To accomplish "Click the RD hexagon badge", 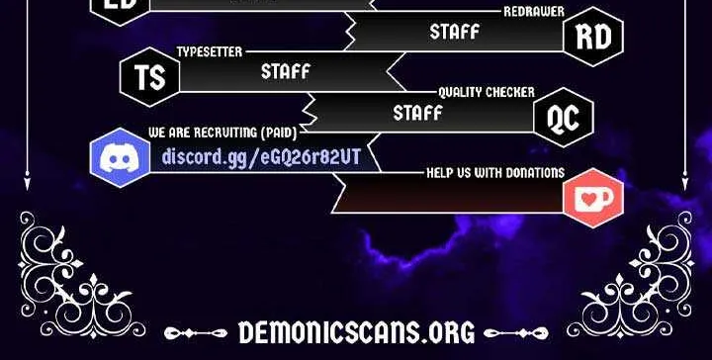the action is click(593, 37).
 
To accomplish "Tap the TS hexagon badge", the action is click(150, 77).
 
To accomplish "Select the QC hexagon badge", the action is click(564, 118).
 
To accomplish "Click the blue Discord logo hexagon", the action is click(120, 157).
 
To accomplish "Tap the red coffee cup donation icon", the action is click(593, 198).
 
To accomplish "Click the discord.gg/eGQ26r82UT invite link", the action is click(261, 157).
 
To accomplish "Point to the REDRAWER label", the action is click(534, 12).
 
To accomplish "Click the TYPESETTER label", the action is click(210, 51).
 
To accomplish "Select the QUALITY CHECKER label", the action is click(487, 92).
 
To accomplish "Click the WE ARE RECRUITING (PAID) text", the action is click(222, 133).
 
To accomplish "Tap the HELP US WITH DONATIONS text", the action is click(495, 172).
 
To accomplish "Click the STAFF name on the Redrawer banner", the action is click(455, 32).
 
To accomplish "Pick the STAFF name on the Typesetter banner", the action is click(286, 72).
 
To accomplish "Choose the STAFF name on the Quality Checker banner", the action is click(417, 113).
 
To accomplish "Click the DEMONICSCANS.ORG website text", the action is click(356, 332).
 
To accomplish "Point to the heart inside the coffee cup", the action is click(589, 199).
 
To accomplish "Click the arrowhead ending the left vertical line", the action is click(28, 181).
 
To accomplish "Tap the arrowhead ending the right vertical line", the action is click(684, 181).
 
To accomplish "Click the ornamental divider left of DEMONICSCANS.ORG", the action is click(196, 333).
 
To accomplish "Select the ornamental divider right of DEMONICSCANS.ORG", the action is click(516, 333).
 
